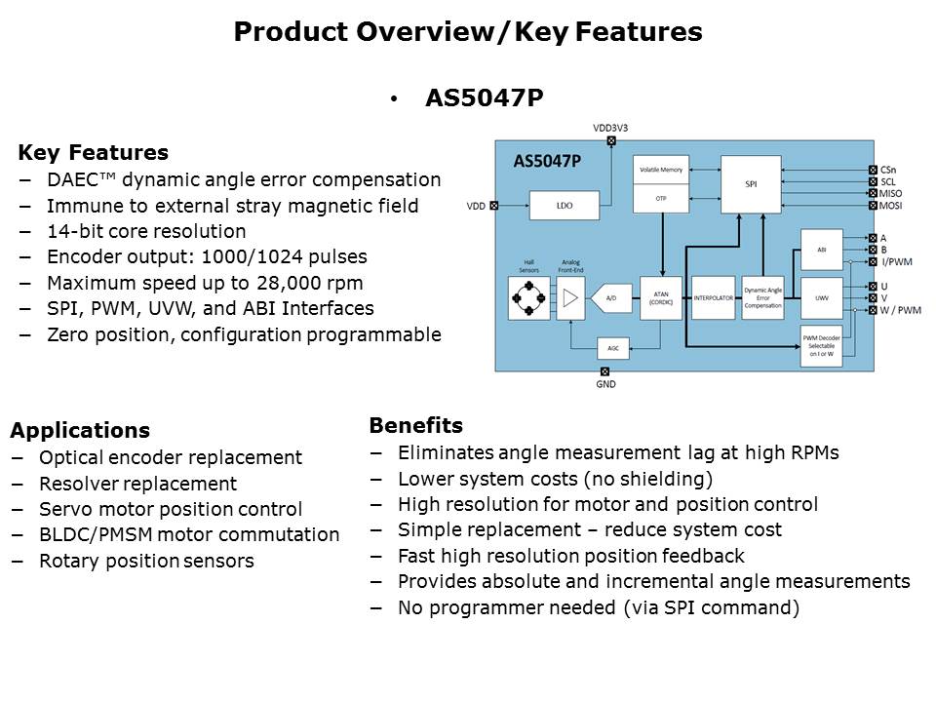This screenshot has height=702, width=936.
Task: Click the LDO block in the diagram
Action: [x=564, y=206]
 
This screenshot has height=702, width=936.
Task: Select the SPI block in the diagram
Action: [x=751, y=184]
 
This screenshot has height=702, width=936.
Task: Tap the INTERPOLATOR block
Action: [x=713, y=298]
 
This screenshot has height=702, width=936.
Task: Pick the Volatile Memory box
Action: [x=660, y=171]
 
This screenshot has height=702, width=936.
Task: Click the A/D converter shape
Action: [x=611, y=298]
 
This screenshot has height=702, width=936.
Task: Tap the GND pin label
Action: [x=604, y=384]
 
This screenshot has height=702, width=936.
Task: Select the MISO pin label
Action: [x=891, y=194]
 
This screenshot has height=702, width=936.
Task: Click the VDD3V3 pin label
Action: [x=611, y=129]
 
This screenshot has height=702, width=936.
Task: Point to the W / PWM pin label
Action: [x=900, y=311]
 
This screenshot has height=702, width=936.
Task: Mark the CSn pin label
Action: [x=887, y=169]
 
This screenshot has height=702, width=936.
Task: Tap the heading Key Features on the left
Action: [x=93, y=153]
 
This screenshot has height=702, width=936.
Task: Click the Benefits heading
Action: [x=415, y=426]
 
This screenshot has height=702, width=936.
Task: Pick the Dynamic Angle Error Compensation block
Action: [x=762, y=298]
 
